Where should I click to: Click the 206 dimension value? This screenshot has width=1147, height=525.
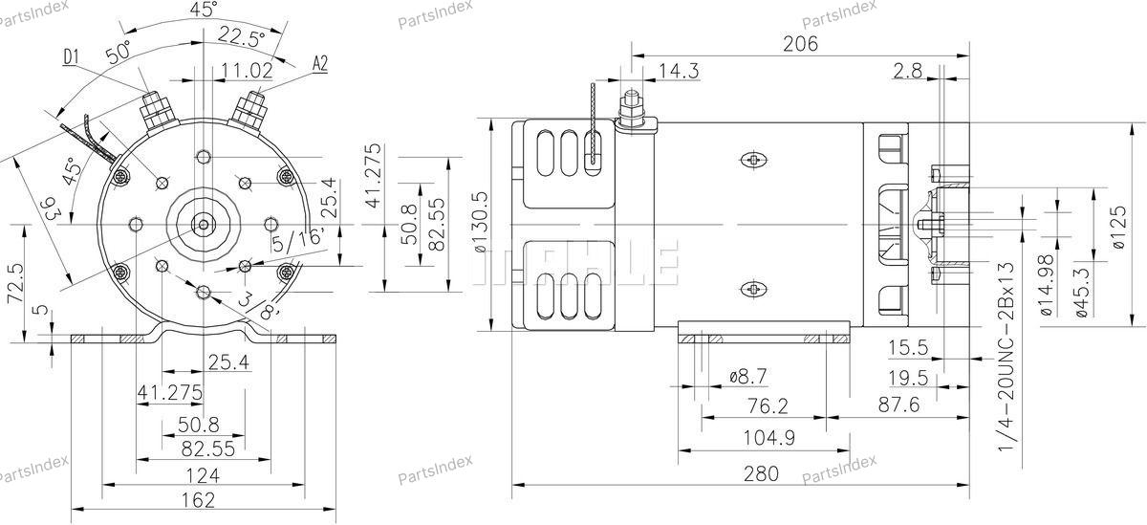[x=800, y=44]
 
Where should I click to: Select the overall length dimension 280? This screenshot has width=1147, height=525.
[x=761, y=473]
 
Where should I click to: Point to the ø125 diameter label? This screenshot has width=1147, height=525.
[x=1119, y=228]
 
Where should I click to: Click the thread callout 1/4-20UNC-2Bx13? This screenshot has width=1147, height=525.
[x=1006, y=357]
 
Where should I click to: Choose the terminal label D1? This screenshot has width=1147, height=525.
[x=71, y=56]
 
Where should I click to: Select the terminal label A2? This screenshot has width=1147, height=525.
[x=320, y=63]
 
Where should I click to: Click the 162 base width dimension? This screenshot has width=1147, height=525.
[x=199, y=500]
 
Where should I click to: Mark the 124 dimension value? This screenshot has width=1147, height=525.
[x=203, y=476]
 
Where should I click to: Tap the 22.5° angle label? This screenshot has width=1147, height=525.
[x=242, y=37]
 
